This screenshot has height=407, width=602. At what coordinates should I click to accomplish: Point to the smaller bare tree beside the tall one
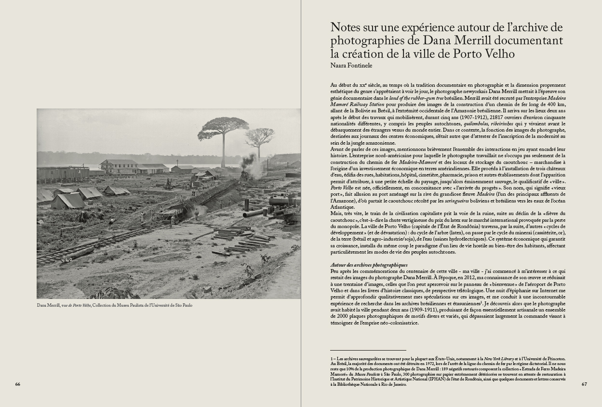(x=259, y=137)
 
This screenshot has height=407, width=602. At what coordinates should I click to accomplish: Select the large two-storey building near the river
(x=119, y=166)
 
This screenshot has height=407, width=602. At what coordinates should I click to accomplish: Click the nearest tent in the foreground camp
(x=67, y=201)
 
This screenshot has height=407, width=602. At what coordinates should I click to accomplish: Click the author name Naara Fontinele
(x=351, y=66)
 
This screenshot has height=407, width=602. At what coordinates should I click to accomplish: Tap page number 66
(x=18, y=384)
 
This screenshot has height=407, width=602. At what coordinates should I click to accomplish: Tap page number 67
(x=584, y=384)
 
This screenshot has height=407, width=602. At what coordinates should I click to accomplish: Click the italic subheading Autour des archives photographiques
(x=369, y=265)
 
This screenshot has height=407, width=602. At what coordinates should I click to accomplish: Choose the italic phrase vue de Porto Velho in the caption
(x=76, y=305)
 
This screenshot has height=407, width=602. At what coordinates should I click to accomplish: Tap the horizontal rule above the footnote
(x=368, y=350)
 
